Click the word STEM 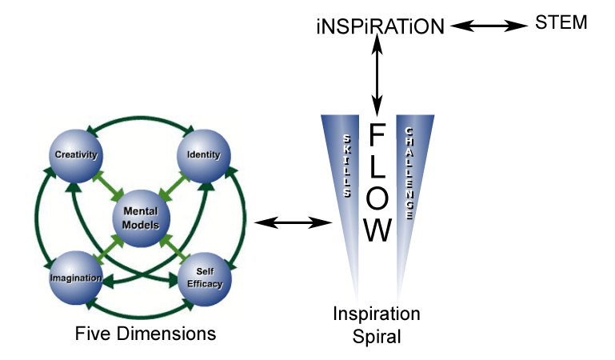(561, 23)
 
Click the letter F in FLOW (378, 136)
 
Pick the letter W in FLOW (378, 230)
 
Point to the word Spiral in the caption (377, 336)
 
